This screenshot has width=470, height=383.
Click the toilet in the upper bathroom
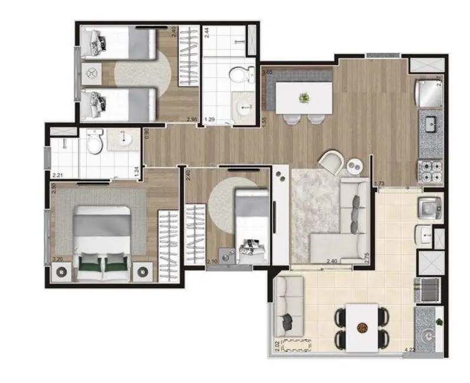[x=239, y=75]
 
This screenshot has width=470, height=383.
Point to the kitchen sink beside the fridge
[x=430, y=124]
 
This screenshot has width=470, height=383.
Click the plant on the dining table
[x=304, y=97]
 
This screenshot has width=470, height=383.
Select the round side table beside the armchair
[x=355, y=167]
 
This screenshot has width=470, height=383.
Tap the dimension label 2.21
[x=57, y=175]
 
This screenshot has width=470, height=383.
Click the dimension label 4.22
[x=409, y=350]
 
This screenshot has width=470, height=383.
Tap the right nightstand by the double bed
[x=143, y=271]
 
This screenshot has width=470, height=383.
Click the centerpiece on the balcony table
[x=362, y=326]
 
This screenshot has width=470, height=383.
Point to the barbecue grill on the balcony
[x=429, y=290]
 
